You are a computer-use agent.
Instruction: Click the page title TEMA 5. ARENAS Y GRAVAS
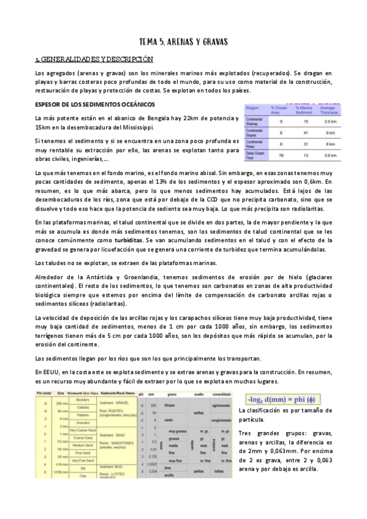[184, 42]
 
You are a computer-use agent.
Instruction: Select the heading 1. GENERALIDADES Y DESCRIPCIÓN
[94, 60]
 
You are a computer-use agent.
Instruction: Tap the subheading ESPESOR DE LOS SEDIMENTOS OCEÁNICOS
[95, 104]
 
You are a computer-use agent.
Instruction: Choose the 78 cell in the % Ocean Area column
[281, 155]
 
